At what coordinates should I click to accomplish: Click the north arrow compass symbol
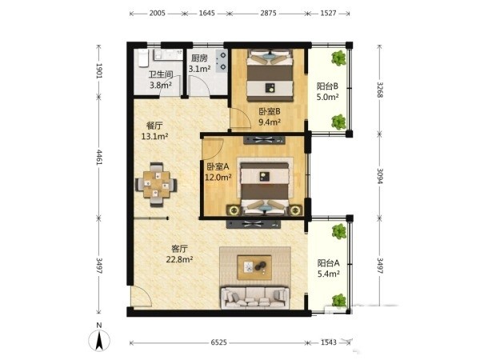coord(99,338)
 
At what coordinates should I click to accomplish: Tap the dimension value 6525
coord(219,342)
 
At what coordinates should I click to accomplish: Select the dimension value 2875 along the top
coord(268,13)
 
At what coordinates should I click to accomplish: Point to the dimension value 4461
coord(99,157)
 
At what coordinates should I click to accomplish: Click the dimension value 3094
coord(379,176)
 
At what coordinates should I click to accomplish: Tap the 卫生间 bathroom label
coord(161,74)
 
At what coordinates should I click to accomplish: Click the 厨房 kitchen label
coord(199,58)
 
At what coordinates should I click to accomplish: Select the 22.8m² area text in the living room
coord(179,259)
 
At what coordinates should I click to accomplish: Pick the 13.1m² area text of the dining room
coord(154,136)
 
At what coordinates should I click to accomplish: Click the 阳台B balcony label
coord(327,86)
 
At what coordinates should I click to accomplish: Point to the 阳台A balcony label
coord(328,263)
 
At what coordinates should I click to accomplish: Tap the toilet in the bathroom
coord(143,58)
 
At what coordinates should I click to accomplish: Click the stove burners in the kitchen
coord(222,61)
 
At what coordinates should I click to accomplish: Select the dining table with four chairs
coord(157,185)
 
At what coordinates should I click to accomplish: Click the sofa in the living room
coord(254,298)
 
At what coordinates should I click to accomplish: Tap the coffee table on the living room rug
coord(254,267)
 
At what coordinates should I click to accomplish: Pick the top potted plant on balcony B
coord(338,58)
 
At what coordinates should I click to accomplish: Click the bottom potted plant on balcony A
coord(339,300)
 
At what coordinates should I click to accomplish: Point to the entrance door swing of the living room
coord(141,296)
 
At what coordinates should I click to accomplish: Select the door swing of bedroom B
coord(241,118)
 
